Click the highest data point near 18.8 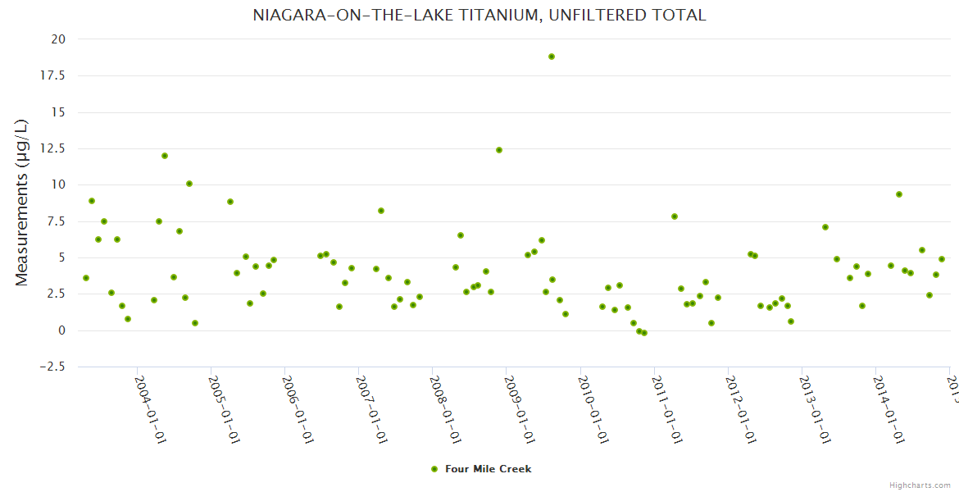point(552,57)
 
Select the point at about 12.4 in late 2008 point(499,150)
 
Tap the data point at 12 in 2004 point(165,156)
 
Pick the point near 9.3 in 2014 point(899,194)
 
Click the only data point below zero point(644,333)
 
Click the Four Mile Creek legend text point(488,469)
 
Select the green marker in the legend point(434,469)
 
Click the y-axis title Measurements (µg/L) point(22,203)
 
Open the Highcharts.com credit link point(920,485)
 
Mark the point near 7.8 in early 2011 point(675,216)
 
